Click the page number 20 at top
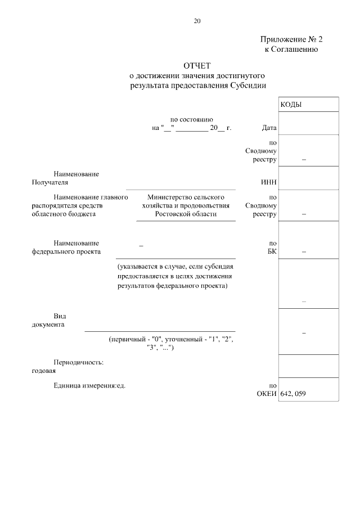[197, 21]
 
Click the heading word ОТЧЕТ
[196, 66]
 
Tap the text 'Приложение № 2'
[292, 39]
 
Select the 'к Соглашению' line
[292, 49]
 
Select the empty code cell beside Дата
[308, 124]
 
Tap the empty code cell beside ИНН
[308, 178]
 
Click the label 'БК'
[272, 251]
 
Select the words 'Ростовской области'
[186, 214]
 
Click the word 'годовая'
[44, 371]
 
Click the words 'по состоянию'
[191, 119]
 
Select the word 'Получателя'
[50, 182]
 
